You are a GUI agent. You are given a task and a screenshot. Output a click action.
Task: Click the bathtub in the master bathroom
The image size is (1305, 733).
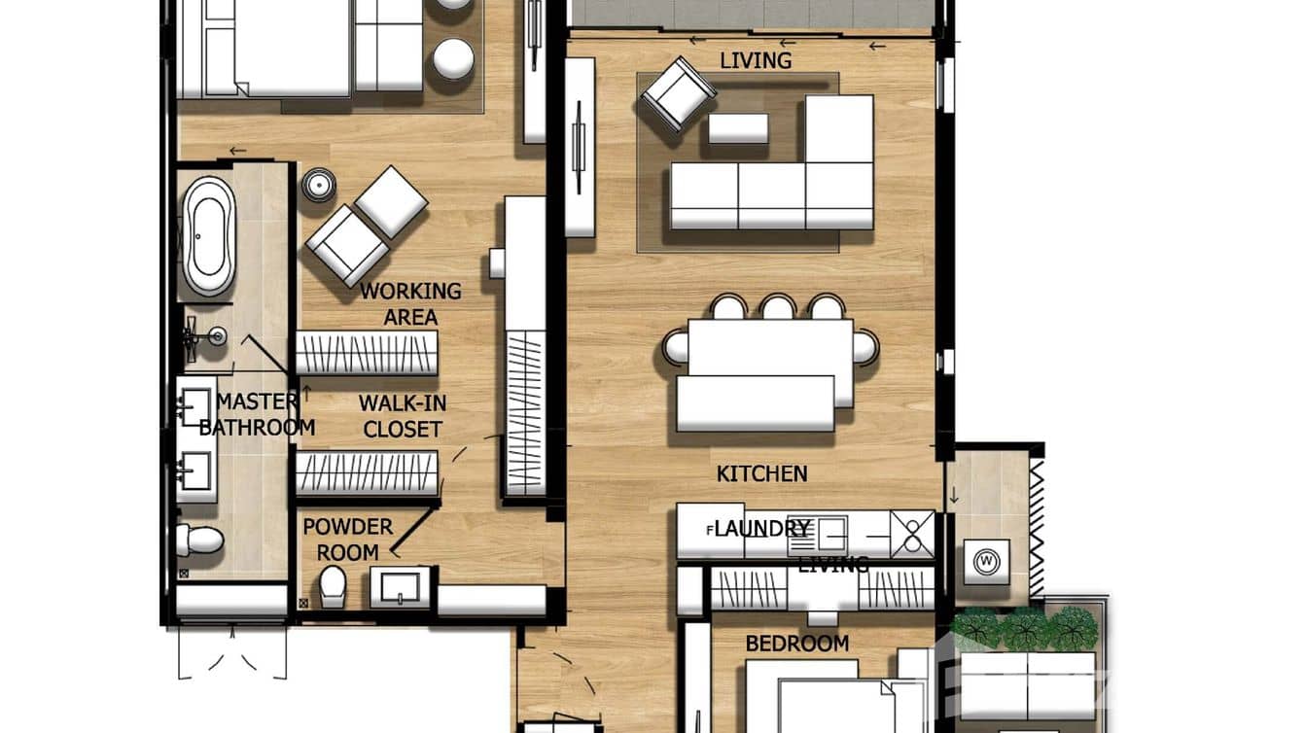209,235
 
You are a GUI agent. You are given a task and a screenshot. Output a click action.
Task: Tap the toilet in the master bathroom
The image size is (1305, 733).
198,540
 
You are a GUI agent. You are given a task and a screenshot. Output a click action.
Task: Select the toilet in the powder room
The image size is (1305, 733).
333,585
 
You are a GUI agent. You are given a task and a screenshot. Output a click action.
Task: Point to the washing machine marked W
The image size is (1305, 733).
987,561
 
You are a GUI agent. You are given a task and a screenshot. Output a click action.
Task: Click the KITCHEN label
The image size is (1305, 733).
761,473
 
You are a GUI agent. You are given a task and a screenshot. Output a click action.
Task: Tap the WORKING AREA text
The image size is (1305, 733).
409,303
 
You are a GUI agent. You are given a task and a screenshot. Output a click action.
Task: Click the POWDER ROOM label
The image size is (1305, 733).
347,540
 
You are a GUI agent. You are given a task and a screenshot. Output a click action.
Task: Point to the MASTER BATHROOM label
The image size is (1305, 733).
257,414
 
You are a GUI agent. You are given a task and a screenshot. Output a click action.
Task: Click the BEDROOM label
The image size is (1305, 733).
796,644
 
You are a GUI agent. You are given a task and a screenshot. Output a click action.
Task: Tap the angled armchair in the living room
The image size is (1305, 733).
678,94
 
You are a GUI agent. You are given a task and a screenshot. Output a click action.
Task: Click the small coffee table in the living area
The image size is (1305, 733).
738,128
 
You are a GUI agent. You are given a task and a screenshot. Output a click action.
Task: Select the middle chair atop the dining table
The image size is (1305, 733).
778,308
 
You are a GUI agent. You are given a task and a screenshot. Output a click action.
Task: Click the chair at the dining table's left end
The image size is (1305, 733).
675,346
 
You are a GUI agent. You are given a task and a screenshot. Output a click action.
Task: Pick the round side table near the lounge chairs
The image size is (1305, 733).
318,185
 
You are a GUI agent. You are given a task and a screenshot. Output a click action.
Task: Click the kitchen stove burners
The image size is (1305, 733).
913,534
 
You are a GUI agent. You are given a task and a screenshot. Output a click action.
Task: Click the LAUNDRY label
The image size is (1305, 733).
761,529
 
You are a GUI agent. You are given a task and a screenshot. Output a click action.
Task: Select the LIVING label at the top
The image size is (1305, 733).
756,60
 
